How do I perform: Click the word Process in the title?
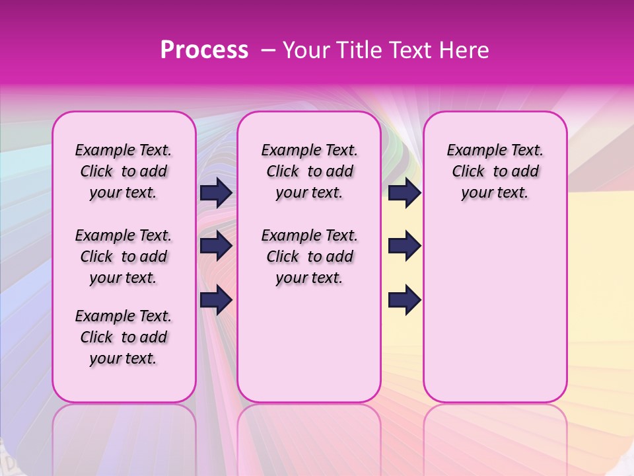pyautogui.click(x=204, y=50)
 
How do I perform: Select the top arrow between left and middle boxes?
pyautogui.click(x=216, y=192)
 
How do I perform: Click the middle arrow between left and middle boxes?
pyautogui.click(x=216, y=246)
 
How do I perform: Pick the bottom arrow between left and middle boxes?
pyautogui.click(x=216, y=299)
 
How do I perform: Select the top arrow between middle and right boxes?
pyautogui.click(x=404, y=192)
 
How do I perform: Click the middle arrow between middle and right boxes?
pyautogui.click(x=404, y=246)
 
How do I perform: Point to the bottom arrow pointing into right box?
pyautogui.click(x=404, y=299)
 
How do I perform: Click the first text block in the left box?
pyautogui.click(x=123, y=171)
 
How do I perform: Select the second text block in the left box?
pyautogui.click(x=123, y=257)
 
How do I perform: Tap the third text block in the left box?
pyautogui.click(x=123, y=337)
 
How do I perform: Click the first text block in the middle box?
pyautogui.click(x=309, y=171)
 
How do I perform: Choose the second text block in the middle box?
pyautogui.click(x=309, y=257)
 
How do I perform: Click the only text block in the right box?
pyautogui.click(x=495, y=171)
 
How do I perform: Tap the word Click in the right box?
pyautogui.click(x=468, y=172)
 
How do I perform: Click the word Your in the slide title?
pyautogui.click(x=306, y=50)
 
